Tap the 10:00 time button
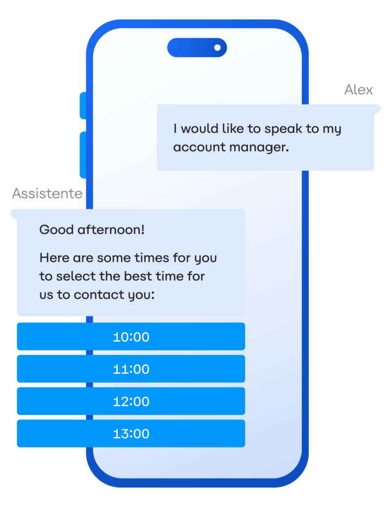click(131, 336)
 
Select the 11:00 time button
click(131, 368)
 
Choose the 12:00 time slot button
click(131, 401)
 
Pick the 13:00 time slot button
click(131, 433)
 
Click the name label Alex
click(358, 90)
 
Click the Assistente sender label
click(47, 194)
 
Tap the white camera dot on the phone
click(217, 48)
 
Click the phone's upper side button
click(83, 106)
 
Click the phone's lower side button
click(83, 155)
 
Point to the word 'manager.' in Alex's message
click(260, 147)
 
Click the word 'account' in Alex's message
click(199, 148)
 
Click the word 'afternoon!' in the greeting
click(111, 230)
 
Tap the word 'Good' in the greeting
click(56, 230)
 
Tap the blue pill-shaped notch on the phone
click(197, 48)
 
